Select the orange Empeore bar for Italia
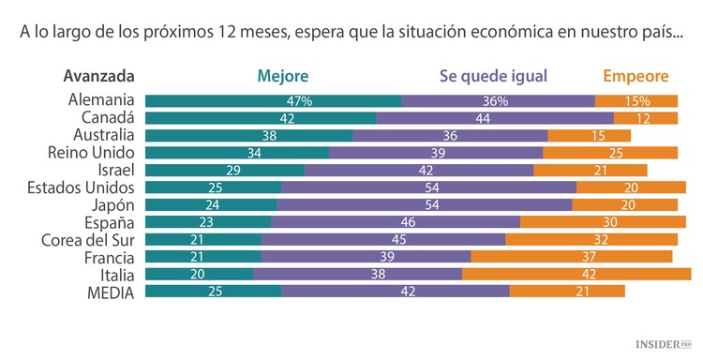click(576, 275)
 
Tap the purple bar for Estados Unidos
click(428, 187)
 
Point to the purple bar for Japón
click(425, 205)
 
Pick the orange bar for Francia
click(571, 257)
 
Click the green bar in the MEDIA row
click(214, 292)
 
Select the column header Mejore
click(282, 76)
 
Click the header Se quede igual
click(492, 76)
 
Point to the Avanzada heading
click(99, 76)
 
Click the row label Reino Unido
click(92, 153)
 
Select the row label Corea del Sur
click(87, 240)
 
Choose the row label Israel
click(116, 170)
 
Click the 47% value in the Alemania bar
click(300, 100)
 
